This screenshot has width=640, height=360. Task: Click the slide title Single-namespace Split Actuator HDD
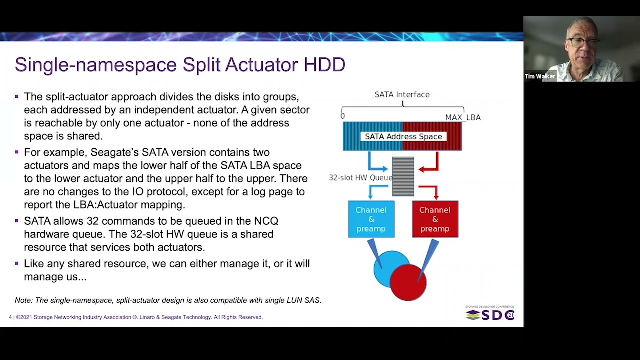[x=180, y=65]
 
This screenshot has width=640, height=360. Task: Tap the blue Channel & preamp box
[x=371, y=219]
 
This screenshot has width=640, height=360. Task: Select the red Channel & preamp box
[x=435, y=219]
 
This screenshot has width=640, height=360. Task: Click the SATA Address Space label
[x=403, y=136]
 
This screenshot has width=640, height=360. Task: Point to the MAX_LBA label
[x=463, y=117]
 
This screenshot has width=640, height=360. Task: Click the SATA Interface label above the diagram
[x=402, y=94]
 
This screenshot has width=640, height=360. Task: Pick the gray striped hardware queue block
[x=403, y=176]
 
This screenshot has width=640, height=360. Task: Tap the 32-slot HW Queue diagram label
[x=360, y=178]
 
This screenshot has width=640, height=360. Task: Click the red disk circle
[x=408, y=283]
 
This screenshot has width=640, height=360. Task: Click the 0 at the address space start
[x=342, y=116]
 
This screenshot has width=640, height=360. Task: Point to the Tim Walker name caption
[x=540, y=76]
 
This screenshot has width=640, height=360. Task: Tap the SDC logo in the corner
[x=490, y=314]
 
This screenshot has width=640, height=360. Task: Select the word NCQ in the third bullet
[x=266, y=221]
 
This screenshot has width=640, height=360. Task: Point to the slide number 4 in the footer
[x=10, y=317]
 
